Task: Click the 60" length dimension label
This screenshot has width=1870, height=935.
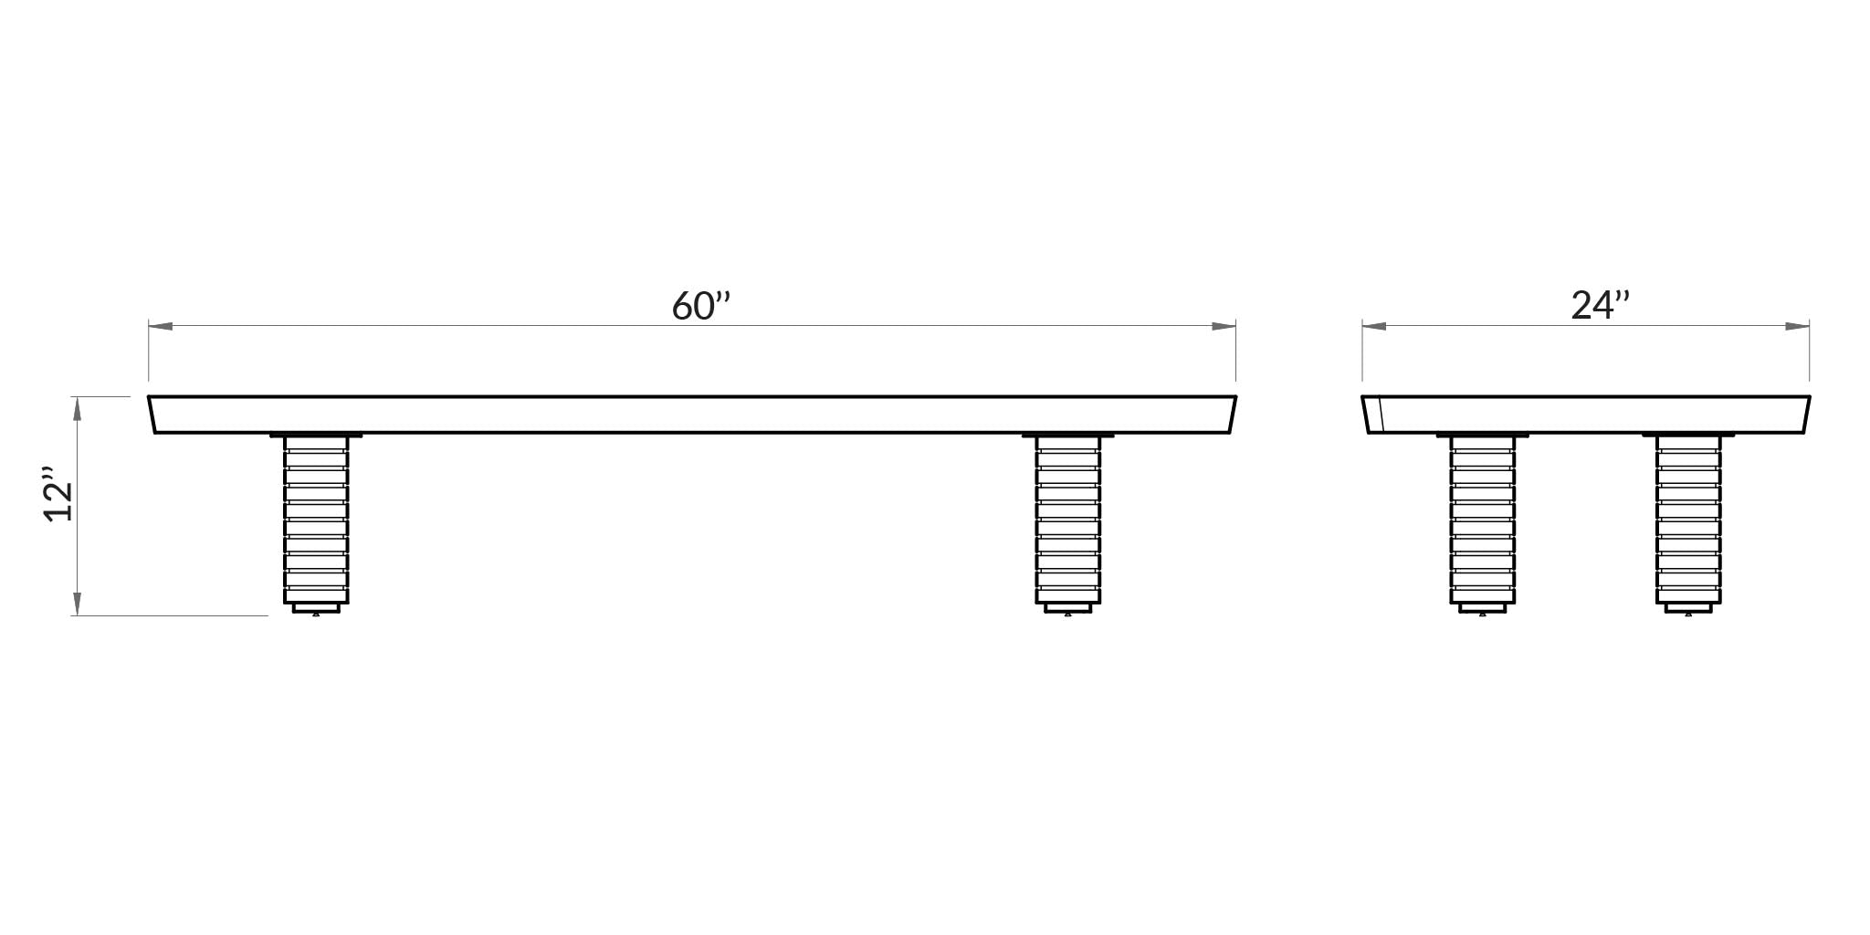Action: click(701, 307)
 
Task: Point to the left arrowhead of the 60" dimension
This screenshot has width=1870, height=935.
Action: click(161, 326)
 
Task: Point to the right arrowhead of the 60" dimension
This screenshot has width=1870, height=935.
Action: click(1224, 326)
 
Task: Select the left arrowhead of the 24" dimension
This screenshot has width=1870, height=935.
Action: click(1374, 326)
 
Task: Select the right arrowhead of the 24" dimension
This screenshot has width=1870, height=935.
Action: click(1797, 326)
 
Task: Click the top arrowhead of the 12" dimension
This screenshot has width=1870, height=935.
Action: click(78, 408)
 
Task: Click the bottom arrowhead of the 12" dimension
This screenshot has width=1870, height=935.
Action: click(78, 604)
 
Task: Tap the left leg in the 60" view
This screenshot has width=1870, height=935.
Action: click(316, 520)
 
